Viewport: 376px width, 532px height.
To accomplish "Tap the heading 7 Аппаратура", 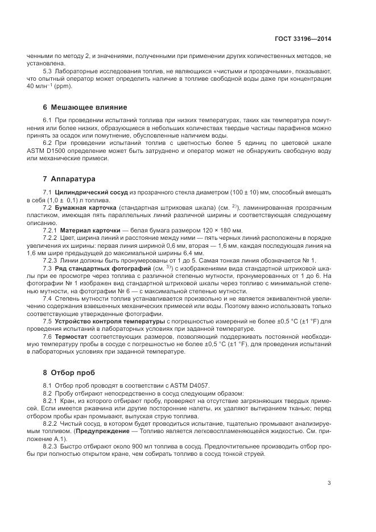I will (69, 179).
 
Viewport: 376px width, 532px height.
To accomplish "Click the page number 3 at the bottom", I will (329, 483).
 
